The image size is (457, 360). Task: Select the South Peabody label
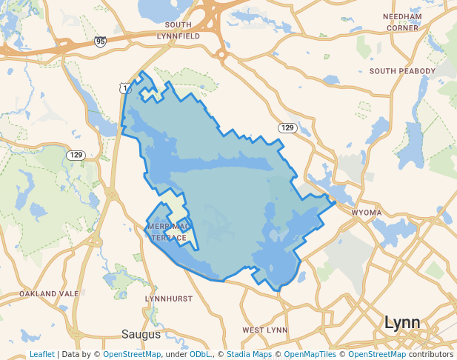pyautogui.click(x=402, y=71)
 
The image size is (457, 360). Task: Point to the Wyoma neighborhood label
pyautogui.click(x=366, y=213)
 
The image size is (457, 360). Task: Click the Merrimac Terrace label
pyautogui.click(x=169, y=231)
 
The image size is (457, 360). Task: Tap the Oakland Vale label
pyautogui.click(x=49, y=294)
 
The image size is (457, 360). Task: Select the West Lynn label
pyautogui.click(x=264, y=330)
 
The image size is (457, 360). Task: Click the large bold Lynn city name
pyautogui.click(x=401, y=323)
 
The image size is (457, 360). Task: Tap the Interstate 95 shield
pyautogui.click(x=101, y=41)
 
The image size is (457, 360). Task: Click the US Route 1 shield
pyautogui.click(x=125, y=88)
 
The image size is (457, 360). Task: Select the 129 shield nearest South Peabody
pyautogui.click(x=287, y=128)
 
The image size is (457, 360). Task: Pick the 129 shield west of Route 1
pyautogui.click(x=75, y=155)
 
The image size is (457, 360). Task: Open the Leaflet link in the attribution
pyautogui.click(x=41, y=354)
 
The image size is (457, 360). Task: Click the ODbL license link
pyautogui.click(x=199, y=354)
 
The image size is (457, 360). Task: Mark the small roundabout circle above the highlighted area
pyautogui.click(x=221, y=54)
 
